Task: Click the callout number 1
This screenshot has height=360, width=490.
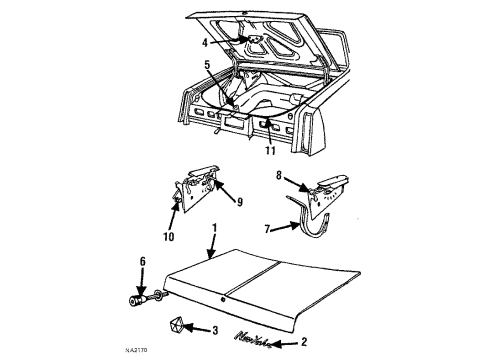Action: [x=213, y=228]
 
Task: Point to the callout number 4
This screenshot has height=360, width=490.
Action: [x=206, y=43]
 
